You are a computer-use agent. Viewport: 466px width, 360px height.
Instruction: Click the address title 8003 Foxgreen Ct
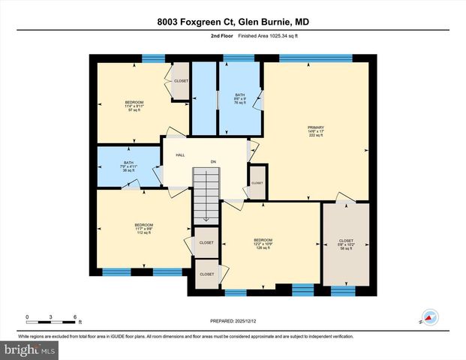[233, 22]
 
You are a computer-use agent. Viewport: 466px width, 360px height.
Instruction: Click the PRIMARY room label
[314, 127]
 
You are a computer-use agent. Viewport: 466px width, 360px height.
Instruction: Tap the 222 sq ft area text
[314, 136]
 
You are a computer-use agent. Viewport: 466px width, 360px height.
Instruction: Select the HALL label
[180, 155]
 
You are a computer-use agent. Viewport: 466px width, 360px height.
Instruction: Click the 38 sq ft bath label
[127, 170]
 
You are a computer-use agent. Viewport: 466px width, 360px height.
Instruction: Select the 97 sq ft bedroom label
[134, 110]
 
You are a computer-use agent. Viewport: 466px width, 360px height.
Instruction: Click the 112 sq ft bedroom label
[143, 232]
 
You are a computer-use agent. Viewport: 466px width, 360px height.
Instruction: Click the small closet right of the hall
[257, 183]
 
